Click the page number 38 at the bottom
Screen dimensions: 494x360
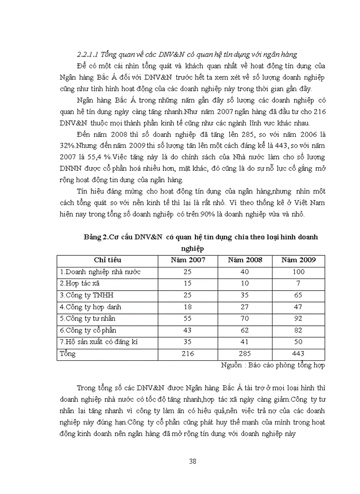coord(193,461)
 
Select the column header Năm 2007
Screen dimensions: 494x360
coord(188,260)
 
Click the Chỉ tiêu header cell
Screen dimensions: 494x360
coord(108,260)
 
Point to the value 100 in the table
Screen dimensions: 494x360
coord(298,272)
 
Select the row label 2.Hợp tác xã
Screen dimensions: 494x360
coord(83,284)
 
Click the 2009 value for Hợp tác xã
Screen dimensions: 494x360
coord(298,284)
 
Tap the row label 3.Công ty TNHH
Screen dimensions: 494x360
coord(86,295)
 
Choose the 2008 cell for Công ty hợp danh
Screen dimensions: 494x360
coord(245,307)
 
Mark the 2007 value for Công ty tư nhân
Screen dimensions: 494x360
coord(188,319)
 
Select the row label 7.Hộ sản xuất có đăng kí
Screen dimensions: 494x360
coord(99,342)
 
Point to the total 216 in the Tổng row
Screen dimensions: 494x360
coord(188,354)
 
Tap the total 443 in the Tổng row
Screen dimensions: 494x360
coord(298,354)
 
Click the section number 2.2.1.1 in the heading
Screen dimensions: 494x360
coord(87,54)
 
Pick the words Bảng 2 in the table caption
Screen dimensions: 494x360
coord(96,237)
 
